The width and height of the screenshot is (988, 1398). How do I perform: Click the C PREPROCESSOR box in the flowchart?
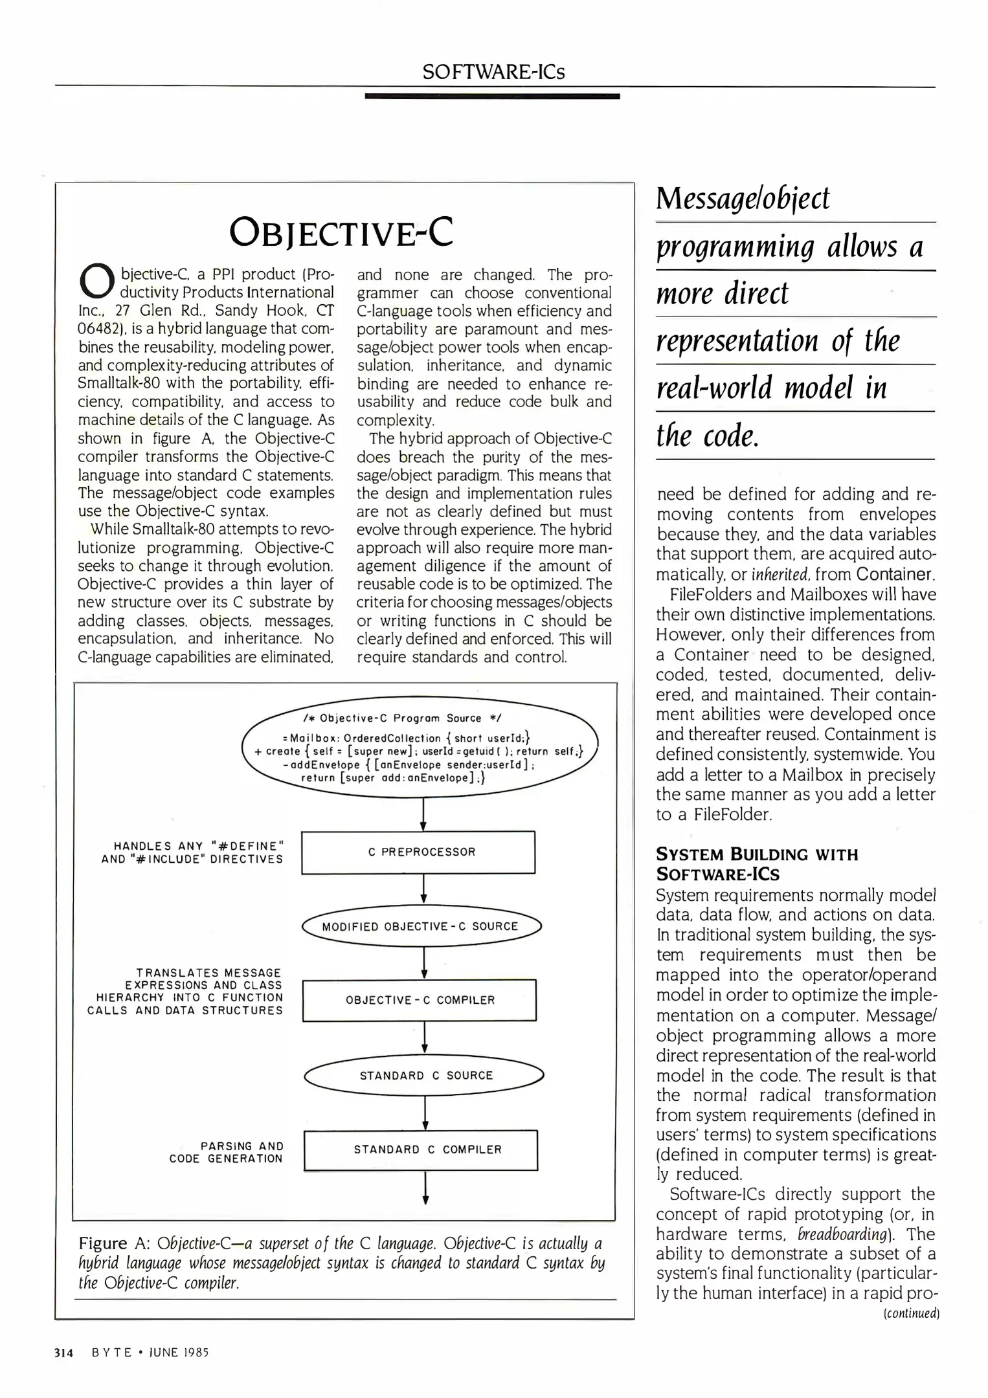pos(418,852)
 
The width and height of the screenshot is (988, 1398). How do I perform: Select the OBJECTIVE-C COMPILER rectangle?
pos(420,1000)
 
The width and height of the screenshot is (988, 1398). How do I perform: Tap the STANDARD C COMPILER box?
pos(421,1149)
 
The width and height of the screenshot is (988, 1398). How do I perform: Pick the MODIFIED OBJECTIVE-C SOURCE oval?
pos(421,926)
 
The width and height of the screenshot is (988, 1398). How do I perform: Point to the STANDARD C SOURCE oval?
pos(424,1075)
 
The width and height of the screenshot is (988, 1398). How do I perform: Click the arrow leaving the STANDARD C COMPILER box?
pos(425,1188)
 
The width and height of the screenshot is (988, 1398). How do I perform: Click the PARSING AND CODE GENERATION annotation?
pos(226,1152)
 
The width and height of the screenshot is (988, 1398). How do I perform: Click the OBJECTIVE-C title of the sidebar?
pos(342,233)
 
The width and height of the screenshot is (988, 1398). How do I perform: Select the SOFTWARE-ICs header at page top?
pos(493,72)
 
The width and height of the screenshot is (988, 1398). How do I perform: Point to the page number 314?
pos(64,1352)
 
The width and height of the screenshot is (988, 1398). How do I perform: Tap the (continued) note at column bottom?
pos(911,1313)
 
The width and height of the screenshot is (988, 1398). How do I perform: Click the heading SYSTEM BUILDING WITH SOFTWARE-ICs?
pos(757,864)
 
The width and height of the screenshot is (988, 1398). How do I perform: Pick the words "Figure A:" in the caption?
pos(114,1243)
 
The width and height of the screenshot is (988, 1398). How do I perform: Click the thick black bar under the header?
pos(492,96)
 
